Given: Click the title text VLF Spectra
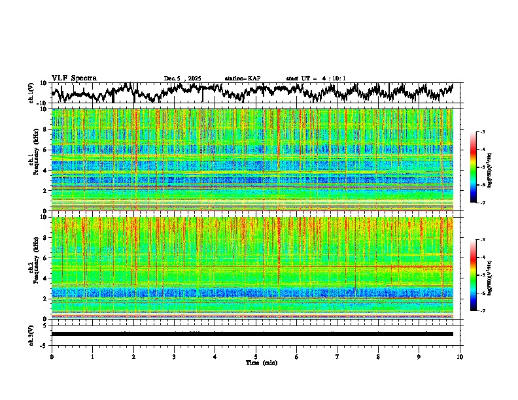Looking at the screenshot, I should [x=74, y=78].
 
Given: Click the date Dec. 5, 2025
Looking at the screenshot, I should [x=182, y=78].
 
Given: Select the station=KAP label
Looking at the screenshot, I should [x=242, y=78].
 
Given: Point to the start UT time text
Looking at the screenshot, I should [x=316, y=78].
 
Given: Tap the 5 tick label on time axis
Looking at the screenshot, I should [x=256, y=356].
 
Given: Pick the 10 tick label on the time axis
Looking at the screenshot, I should [x=460, y=356].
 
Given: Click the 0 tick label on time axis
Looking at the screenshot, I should [x=52, y=356].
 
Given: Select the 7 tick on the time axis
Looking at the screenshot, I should [x=337, y=356].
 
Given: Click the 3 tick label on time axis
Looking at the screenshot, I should [x=174, y=356].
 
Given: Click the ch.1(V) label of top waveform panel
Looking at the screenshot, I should [x=31, y=93].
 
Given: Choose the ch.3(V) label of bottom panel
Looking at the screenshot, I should [x=31, y=334].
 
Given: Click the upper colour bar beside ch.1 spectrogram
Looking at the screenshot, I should [x=479, y=168].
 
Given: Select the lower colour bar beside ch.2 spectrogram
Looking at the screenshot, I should [x=479, y=275].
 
